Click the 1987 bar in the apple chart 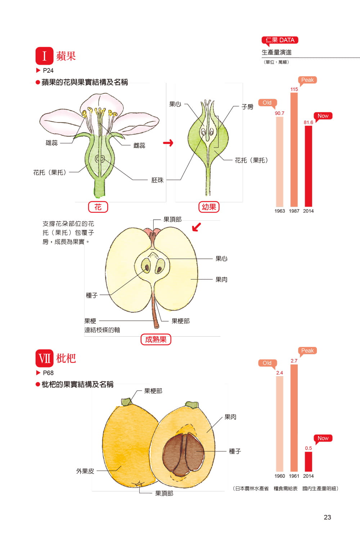click(294, 149)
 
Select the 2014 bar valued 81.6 click(309, 166)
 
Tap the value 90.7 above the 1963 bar click(280, 113)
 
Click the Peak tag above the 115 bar click(307, 80)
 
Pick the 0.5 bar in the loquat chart click(309, 462)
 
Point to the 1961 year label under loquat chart click(294, 476)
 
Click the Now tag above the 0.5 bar click(323, 438)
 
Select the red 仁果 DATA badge click(280, 40)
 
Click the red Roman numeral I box click(44, 56)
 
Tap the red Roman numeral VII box click(44, 359)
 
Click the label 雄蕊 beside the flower click(51, 143)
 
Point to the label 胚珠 click(157, 180)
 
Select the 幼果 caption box click(209, 207)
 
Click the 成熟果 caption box click(156, 339)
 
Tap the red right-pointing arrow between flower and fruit click(168, 143)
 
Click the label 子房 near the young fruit click(247, 107)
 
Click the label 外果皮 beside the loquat click(85, 471)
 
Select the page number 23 click(327, 517)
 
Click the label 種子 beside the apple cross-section click(92, 295)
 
